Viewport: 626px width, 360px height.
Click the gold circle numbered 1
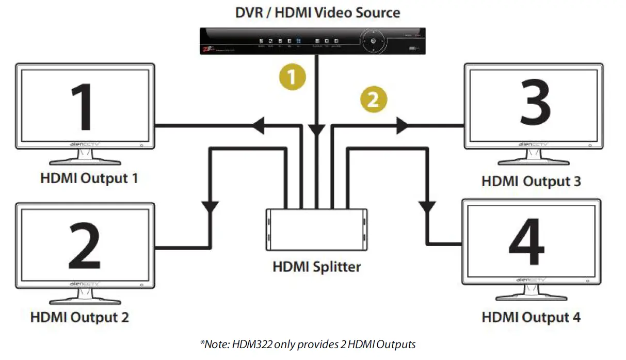292,77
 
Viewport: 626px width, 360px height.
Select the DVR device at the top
312,41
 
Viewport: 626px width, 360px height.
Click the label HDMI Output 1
89,179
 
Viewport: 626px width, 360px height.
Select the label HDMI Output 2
79,317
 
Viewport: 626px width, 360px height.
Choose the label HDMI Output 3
531,182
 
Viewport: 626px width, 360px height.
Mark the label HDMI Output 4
531,317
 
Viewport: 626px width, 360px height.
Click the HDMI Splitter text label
316,267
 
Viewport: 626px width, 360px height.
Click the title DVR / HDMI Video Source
317,12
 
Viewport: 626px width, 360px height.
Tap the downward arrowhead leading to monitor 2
211,207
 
